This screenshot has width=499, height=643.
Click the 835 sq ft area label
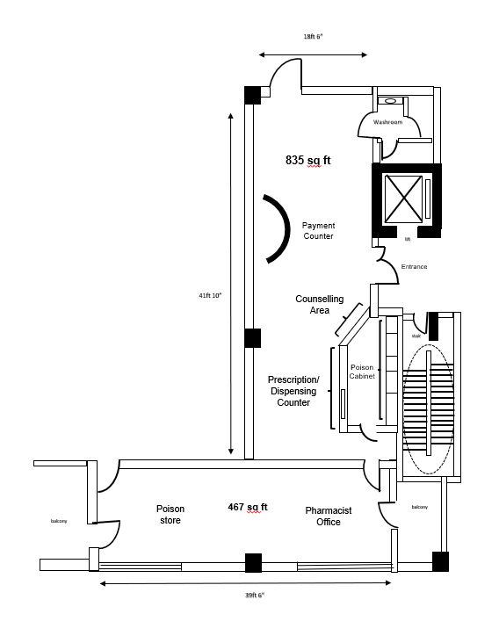click(x=308, y=160)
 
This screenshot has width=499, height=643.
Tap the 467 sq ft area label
click(x=248, y=507)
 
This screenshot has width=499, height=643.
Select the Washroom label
click(x=388, y=122)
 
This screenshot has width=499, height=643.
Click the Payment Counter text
click(x=319, y=231)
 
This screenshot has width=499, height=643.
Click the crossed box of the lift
click(x=404, y=199)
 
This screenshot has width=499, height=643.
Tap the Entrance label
click(x=414, y=266)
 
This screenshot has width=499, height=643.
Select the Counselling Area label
click(x=320, y=304)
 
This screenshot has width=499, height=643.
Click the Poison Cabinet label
click(x=362, y=372)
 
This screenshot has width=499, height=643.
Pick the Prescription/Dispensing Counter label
click(x=293, y=391)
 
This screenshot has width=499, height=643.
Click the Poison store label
click(x=170, y=514)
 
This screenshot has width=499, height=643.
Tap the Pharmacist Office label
click(x=329, y=516)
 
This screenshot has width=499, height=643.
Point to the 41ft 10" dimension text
click(x=210, y=295)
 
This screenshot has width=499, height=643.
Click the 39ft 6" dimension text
click(x=255, y=595)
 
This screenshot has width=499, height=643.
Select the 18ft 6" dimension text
click(x=314, y=37)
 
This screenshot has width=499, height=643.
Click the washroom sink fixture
click(x=391, y=101)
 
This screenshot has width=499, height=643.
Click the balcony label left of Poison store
click(x=59, y=521)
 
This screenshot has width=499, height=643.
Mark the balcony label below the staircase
click(x=419, y=507)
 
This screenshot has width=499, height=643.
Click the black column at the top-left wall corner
click(x=252, y=95)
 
